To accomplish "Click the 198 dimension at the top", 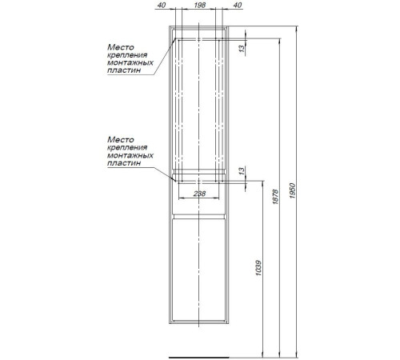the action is point(200,5).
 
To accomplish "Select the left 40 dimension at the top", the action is point(162,5).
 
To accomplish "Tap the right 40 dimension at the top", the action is point(238,5).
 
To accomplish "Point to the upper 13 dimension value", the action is point(242,49).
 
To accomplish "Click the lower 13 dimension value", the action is point(242,170).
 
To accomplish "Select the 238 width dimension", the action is point(199,194).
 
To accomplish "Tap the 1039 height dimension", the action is point(258,268).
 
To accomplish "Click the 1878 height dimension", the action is point(275,197).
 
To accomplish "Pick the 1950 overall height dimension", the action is point(293,190).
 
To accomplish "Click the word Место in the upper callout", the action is point(121,47).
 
